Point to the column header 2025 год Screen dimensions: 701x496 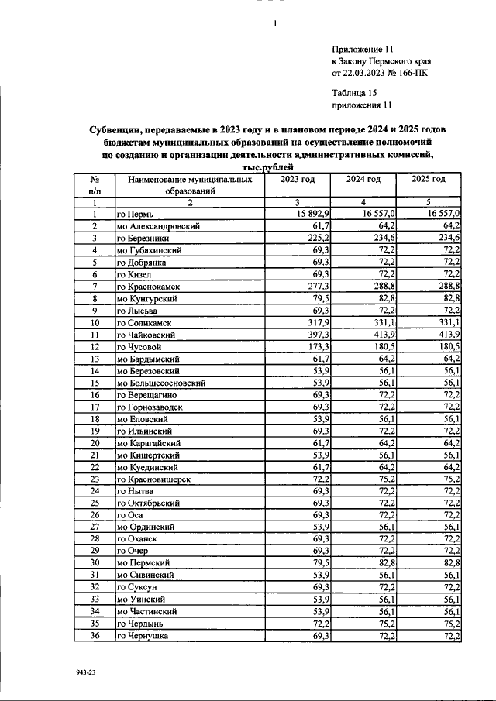click(429, 180)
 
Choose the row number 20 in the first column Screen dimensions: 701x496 click(95, 443)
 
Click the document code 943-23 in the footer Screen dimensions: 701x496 click(85, 674)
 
